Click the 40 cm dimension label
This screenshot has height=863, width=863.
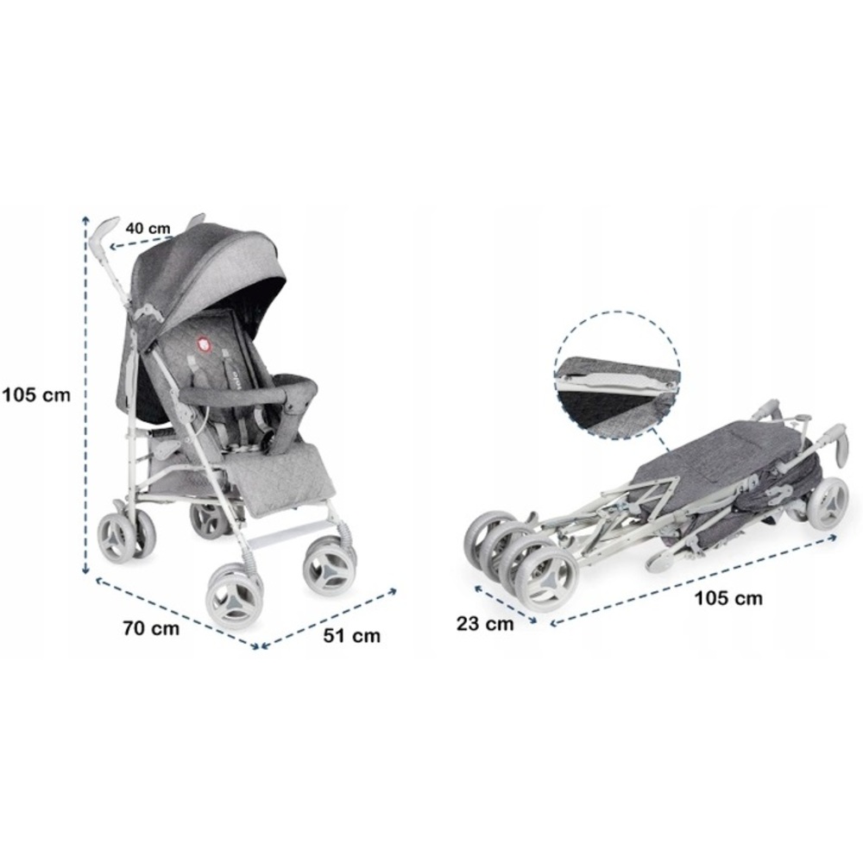pyautogui.click(x=148, y=229)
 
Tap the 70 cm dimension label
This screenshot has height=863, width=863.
pyautogui.click(x=151, y=628)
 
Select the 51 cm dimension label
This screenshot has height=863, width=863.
pyautogui.click(x=352, y=636)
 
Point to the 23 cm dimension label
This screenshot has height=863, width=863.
pyautogui.click(x=485, y=624)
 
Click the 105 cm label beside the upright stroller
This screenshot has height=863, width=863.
pyautogui.click(x=36, y=394)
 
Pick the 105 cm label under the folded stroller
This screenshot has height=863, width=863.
pyautogui.click(x=728, y=598)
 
